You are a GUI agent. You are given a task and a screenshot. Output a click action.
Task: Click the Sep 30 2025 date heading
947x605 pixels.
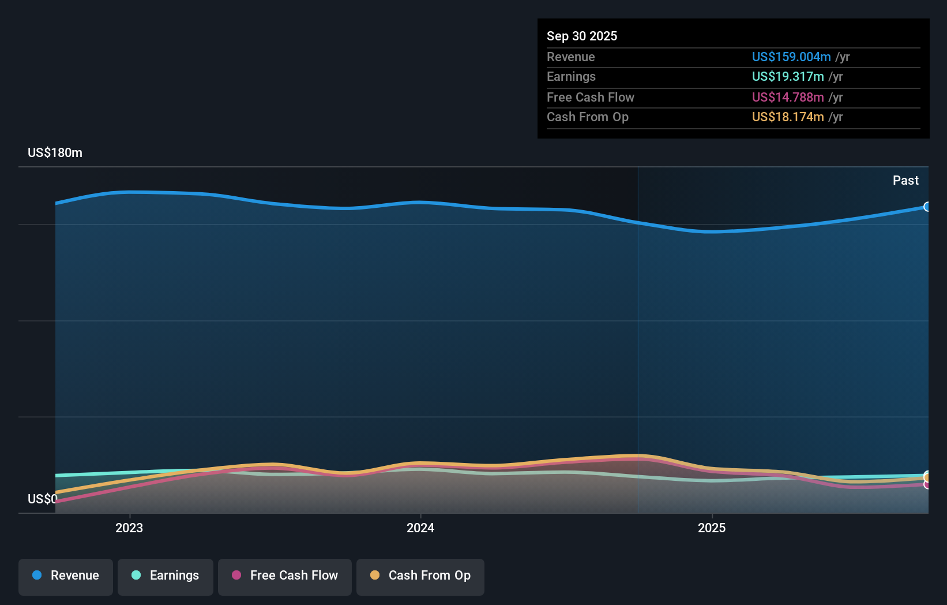(581, 36)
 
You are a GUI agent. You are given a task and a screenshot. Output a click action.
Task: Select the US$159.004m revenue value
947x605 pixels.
(791, 57)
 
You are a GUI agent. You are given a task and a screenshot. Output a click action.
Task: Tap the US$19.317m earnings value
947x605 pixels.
(787, 76)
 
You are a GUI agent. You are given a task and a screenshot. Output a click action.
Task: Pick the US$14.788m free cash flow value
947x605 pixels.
(787, 97)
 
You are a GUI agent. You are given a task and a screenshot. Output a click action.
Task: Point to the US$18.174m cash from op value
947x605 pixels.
(787, 117)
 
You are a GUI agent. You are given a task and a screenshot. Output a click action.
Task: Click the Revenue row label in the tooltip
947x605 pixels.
(570, 57)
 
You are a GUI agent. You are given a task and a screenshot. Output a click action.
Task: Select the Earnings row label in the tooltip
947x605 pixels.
(571, 76)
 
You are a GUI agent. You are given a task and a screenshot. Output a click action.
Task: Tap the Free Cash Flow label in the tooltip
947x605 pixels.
(590, 97)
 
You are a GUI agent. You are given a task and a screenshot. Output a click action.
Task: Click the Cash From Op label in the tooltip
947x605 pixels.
(587, 117)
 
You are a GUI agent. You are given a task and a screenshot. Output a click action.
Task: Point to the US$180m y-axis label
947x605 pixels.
(55, 152)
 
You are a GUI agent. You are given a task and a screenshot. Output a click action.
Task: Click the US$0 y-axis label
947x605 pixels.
(42, 499)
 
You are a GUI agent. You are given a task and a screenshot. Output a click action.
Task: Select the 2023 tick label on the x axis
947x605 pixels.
(129, 528)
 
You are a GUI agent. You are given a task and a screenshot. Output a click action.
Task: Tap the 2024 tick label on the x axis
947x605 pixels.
(420, 528)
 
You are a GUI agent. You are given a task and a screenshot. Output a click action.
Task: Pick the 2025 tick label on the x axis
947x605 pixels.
(712, 528)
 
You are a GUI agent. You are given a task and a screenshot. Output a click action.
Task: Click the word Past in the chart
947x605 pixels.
(905, 180)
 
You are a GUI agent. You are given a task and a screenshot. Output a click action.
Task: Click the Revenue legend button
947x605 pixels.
(66, 576)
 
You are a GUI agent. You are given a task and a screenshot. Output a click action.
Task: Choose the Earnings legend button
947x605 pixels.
(166, 576)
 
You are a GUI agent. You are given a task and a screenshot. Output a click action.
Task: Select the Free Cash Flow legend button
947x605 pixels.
(285, 576)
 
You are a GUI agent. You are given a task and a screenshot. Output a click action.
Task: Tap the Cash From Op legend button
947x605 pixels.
(420, 576)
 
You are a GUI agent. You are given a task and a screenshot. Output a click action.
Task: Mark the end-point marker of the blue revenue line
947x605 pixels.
(927, 207)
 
